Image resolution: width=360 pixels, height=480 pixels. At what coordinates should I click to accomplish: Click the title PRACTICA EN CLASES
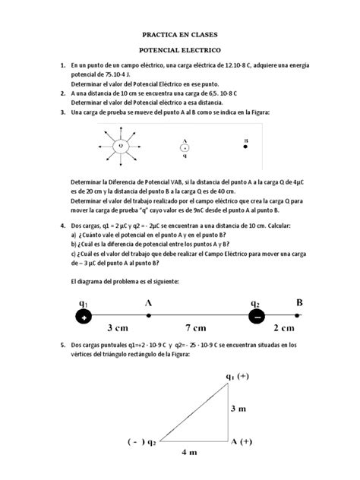coord(179,35)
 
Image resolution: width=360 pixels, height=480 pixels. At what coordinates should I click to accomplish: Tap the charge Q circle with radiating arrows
coord(119,145)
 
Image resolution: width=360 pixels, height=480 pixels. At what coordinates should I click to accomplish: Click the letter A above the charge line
coord(148,302)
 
